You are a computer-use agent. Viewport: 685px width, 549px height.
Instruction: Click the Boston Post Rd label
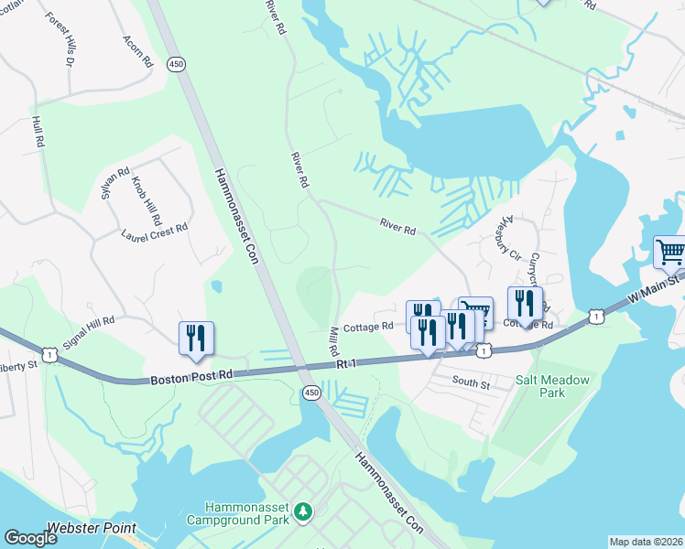coord(194,373)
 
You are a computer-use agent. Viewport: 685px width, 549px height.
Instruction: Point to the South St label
coord(472,383)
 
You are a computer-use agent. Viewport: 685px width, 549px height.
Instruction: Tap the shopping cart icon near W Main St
coord(669,251)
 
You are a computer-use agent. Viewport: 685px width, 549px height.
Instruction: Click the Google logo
coord(30,538)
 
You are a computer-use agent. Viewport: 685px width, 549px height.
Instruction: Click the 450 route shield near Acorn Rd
coord(176,63)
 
